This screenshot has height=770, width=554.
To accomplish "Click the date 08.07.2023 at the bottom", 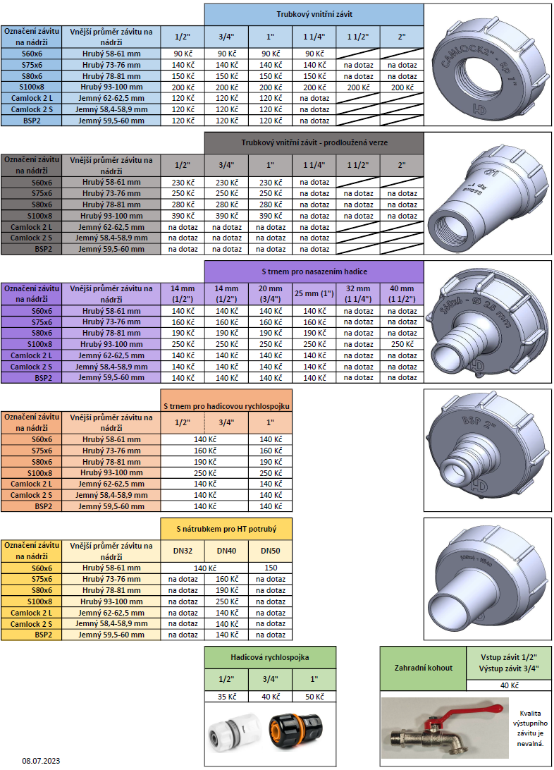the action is pyautogui.click(x=41, y=761).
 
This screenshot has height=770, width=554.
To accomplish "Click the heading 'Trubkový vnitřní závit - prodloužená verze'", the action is pyautogui.click(x=314, y=143).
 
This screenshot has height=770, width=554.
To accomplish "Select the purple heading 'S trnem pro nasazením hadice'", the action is pyautogui.click(x=314, y=271).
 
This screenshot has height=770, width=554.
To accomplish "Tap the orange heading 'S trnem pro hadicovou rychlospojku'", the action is pyautogui.click(x=226, y=406).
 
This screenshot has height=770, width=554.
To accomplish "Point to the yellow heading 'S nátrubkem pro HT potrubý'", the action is pyautogui.click(x=226, y=529).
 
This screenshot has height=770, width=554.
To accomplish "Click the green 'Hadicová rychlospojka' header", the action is pyautogui.click(x=270, y=657).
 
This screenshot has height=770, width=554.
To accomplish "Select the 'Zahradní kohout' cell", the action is pyautogui.click(x=424, y=668).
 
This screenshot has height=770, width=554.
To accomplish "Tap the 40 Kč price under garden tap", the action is pyautogui.click(x=509, y=685).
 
